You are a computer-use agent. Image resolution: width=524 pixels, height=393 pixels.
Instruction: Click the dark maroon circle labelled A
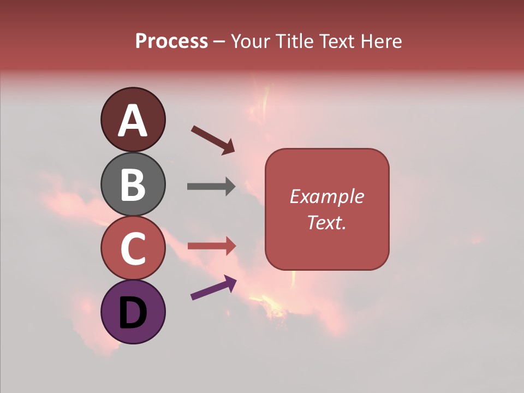click(133, 120)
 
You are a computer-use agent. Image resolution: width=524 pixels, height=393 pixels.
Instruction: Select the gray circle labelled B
click(133, 184)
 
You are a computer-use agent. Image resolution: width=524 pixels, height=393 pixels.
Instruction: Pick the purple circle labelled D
click(133, 312)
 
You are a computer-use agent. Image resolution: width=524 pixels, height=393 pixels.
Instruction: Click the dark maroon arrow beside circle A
click(213, 140)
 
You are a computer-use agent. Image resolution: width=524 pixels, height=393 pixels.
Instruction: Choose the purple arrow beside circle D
click(213, 288)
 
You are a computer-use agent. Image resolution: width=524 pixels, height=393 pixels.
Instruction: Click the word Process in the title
click(171, 41)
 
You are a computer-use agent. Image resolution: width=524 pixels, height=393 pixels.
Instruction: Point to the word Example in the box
click(327, 196)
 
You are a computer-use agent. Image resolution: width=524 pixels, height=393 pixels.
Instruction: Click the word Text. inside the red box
click(327, 222)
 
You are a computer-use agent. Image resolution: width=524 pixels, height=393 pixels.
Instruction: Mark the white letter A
click(133, 121)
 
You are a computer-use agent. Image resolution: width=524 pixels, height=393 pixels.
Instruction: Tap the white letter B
click(133, 184)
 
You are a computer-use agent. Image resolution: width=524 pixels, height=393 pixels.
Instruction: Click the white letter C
click(133, 249)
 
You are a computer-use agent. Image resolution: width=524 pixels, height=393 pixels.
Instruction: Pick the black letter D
click(133, 313)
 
